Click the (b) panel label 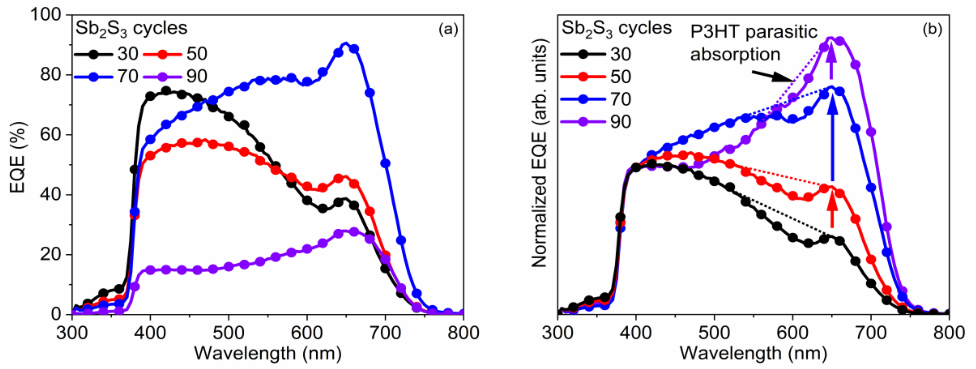coord(933,29)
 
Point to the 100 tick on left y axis coord(45,15)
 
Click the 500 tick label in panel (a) coord(228,333)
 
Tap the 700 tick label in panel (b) coord(871,333)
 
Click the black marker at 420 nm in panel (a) coord(166,91)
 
